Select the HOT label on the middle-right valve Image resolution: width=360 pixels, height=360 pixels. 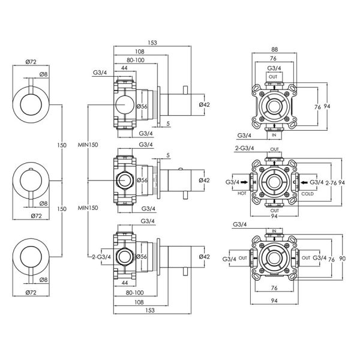point(242,194)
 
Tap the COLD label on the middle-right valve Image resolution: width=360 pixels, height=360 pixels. point(307,194)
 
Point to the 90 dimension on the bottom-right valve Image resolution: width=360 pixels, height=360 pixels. point(343,259)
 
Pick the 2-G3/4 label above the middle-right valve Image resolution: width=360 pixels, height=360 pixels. point(245,148)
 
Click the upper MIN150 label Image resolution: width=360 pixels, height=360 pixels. point(88,145)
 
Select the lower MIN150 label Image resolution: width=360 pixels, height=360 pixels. point(88,208)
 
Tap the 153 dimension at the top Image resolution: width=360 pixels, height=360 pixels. point(152,43)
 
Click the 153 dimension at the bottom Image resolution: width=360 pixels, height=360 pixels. point(150,310)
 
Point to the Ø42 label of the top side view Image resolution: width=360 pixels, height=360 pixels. point(205,104)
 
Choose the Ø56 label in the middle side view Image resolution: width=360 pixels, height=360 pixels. point(142,180)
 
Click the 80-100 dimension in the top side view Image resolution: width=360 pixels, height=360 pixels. point(136,60)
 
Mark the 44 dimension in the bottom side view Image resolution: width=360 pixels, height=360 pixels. point(125,283)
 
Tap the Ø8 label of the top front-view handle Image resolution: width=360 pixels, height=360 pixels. point(43,74)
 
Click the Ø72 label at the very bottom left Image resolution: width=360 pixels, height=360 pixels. point(31,293)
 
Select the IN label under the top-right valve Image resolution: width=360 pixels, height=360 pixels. point(274,136)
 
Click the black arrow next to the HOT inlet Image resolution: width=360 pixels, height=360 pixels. point(245,182)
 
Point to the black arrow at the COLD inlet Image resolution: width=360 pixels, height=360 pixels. point(304,182)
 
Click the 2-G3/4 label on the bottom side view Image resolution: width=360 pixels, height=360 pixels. point(101,257)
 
